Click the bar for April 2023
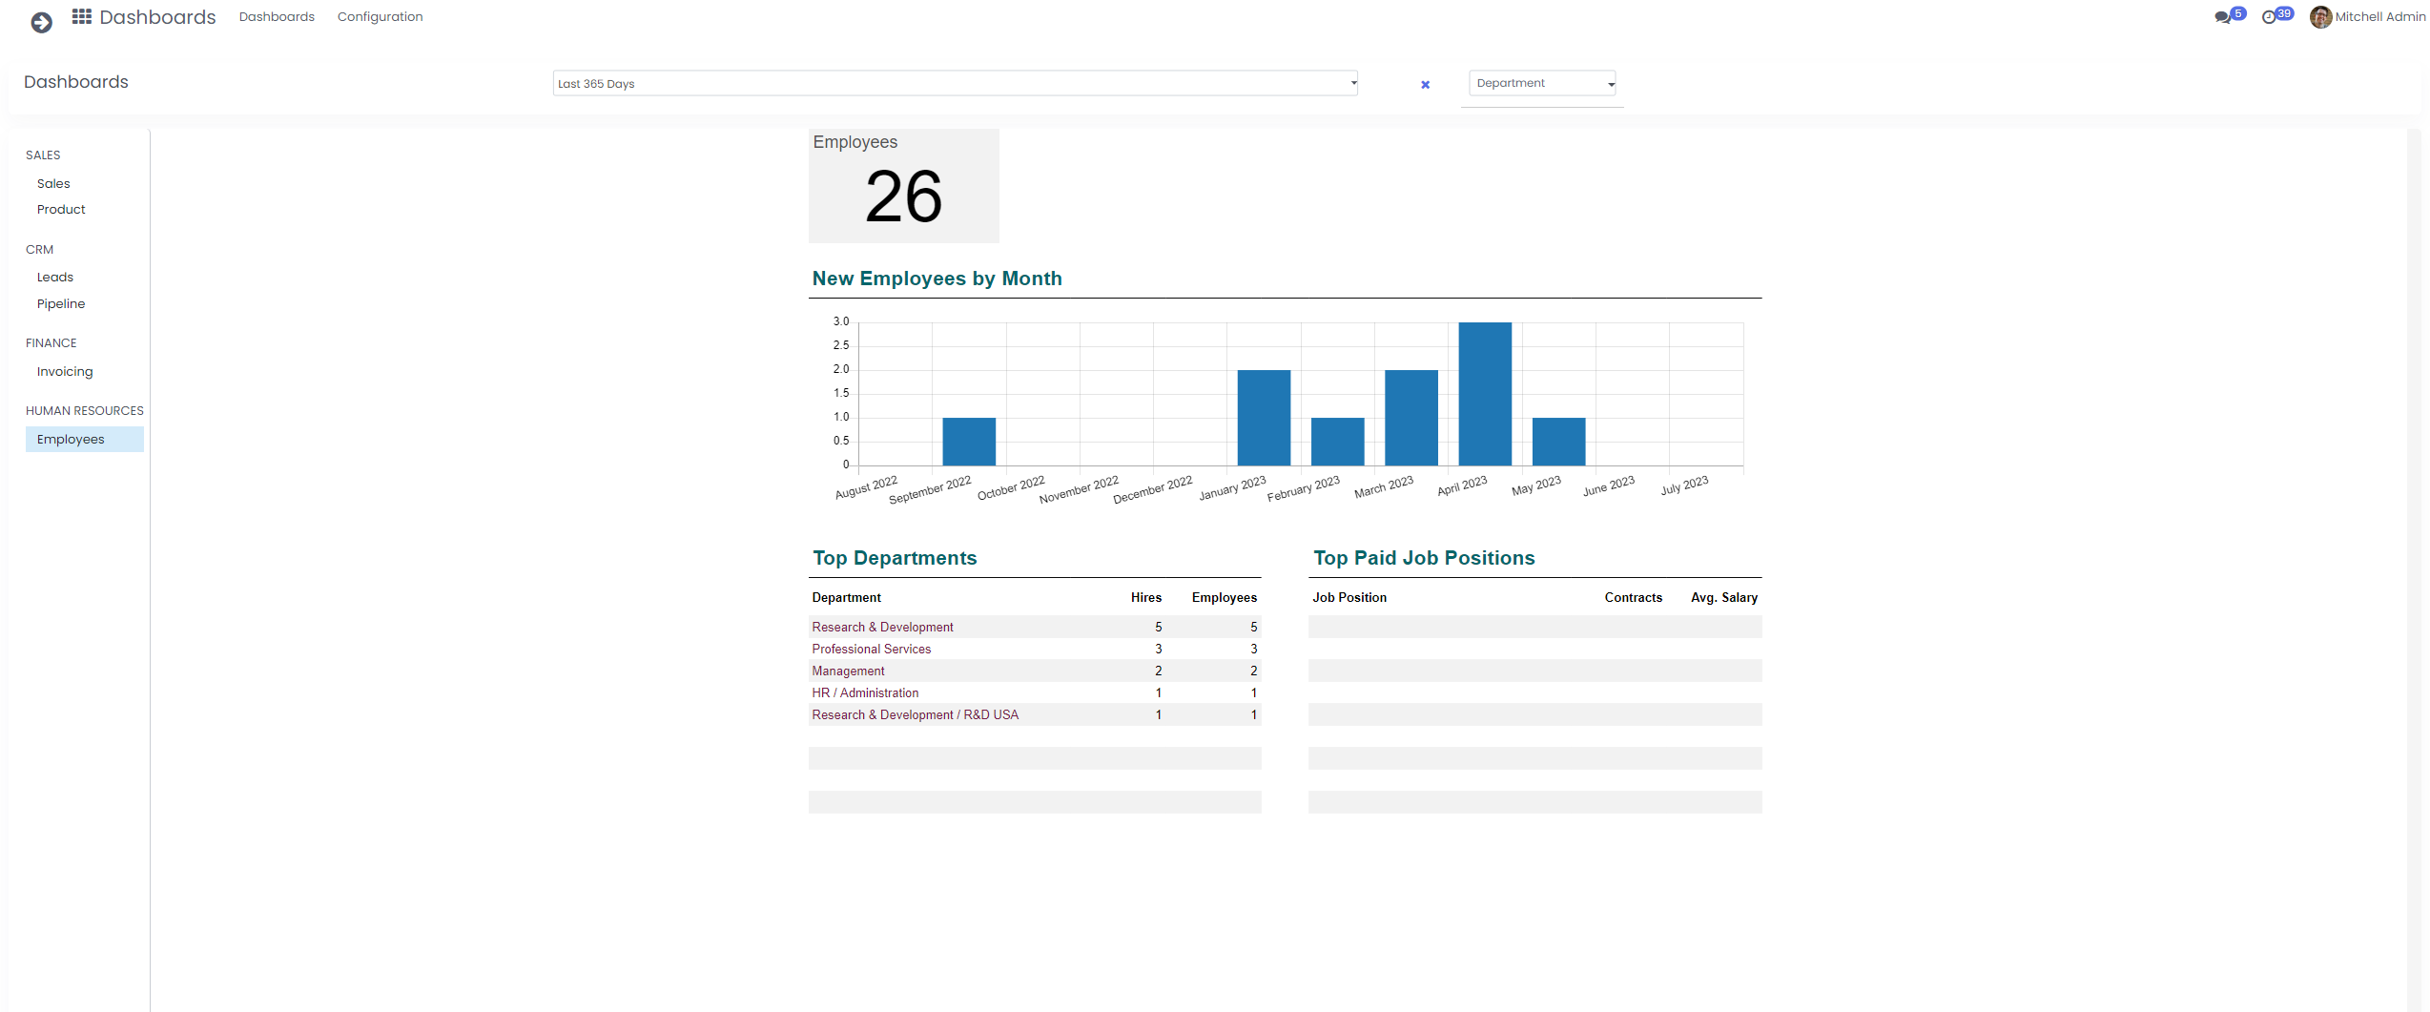pos(1484,393)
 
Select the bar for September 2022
pos(968,441)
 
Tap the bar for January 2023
pos(1263,417)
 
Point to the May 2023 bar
pos(1558,441)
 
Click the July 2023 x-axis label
pos(1684,486)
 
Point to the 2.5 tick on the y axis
pos(840,345)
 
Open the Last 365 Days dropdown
pos(955,83)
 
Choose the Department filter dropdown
pos(1542,83)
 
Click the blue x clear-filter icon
pos(1425,85)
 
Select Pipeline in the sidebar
pos(61,303)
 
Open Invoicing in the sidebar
pos(65,371)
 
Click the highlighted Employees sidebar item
pos(71,439)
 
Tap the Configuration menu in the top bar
pos(380,16)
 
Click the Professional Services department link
pos(871,649)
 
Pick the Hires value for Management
pos(1158,671)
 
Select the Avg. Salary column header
pos(1723,597)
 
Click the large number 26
pos(903,196)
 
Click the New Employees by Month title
pos(937,279)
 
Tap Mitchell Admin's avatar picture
pos(2320,16)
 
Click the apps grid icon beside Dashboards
pos(82,16)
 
